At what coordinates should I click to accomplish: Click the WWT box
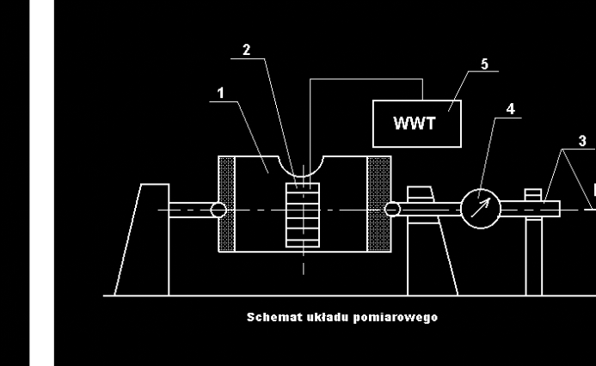click(x=415, y=123)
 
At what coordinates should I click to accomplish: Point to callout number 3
click(x=582, y=140)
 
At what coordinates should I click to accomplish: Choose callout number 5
click(x=483, y=64)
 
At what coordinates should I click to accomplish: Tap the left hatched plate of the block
click(x=227, y=204)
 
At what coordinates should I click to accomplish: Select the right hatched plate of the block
click(x=379, y=204)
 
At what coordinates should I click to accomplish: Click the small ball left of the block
click(x=218, y=209)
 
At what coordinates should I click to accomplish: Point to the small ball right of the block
click(x=393, y=209)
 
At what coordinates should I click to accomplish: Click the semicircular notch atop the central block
click(x=302, y=168)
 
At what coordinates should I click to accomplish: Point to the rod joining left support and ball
click(x=189, y=209)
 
